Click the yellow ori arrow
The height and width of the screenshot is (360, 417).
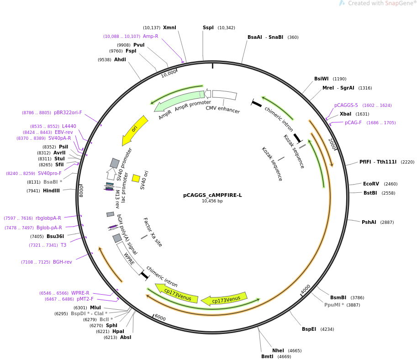point(135,130)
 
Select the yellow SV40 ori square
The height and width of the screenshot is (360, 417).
point(136,178)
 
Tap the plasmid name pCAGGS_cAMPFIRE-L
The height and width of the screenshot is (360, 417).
point(212,195)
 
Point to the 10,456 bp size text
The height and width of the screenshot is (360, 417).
point(212,201)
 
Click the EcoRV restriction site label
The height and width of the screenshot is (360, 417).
point(371,184)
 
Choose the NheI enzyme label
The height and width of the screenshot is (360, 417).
point(278,350)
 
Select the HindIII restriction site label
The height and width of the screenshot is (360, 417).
point(51,191)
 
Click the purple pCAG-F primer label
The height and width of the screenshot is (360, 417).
point(353,122)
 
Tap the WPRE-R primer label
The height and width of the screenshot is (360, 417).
point(80,293)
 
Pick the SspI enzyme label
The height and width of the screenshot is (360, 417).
point(208,28)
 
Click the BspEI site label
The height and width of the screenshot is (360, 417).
point(309,329)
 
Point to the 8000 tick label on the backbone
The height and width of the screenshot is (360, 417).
point(81,191)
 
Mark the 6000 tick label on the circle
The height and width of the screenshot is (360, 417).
point(160,318)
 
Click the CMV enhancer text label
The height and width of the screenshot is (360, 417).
point(223,109)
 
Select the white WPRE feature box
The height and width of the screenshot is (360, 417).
point(130,258)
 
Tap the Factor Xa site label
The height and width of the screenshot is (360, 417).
point(153,232)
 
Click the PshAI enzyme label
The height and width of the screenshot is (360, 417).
point(369,222)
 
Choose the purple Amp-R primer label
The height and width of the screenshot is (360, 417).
point(151,36)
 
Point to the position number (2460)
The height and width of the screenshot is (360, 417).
point(391,184)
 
